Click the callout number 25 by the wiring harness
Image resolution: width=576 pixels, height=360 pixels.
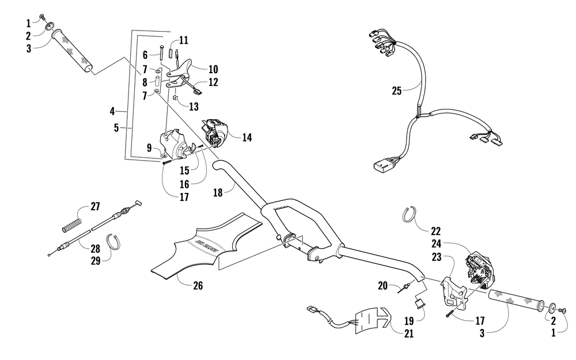[x=397, y=90]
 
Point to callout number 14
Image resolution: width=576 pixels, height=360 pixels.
[x=247, y=138]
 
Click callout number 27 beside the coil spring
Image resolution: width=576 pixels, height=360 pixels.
[x=95, y=206]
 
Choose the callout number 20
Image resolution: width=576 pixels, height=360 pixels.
[x=382, y=285]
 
